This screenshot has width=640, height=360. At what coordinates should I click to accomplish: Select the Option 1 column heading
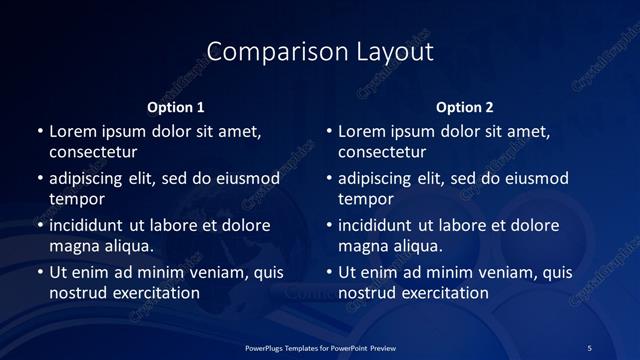[176, 107]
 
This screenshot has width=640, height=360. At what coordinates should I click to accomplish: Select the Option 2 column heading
[465, 107]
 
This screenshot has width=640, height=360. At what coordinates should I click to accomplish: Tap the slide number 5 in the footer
[589, 347]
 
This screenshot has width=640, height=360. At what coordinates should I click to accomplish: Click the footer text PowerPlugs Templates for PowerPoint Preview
[319, 347]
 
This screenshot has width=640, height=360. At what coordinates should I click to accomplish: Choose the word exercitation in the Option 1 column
[155, 293]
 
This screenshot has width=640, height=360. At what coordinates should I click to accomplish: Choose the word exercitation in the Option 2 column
[444, 293]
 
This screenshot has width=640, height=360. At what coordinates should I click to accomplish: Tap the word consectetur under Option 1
[93, 152]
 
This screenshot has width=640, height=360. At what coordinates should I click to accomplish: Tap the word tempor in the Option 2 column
[366, 199]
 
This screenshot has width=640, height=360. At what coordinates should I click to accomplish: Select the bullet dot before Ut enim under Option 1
[40, 272]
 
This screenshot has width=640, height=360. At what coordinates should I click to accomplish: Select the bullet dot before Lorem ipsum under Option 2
[329, 130]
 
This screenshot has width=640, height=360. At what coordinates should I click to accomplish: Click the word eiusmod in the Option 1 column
[249, 178]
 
